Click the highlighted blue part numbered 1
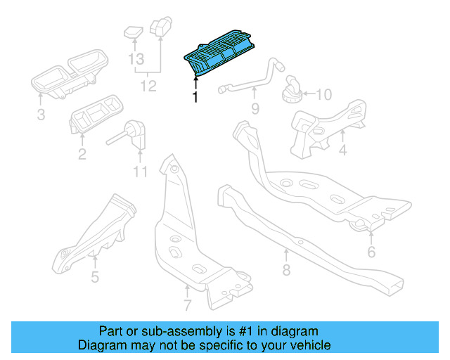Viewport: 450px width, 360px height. [x=217, y=56]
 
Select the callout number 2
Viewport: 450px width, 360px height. [x=82, y=153]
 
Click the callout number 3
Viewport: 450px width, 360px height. [x=40, y=114]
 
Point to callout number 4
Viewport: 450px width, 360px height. [x=343, y=150]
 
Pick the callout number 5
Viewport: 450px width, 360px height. [x=95, y=276]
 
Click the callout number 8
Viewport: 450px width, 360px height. [x=286, y=269]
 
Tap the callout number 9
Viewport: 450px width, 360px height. [x=255, y=108]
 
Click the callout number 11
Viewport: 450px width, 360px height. [x=140, y=172]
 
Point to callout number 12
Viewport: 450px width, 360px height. [x=148, y=86]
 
